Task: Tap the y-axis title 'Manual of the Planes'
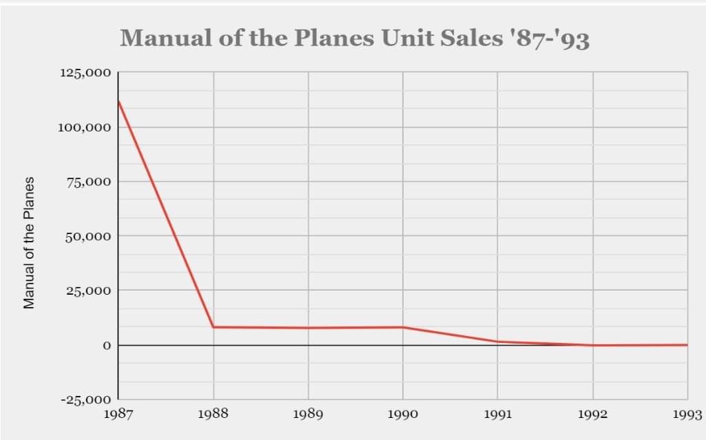click(x=30, y=243)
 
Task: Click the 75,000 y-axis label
click(x=86, y=182)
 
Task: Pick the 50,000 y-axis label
click(x=86, y=236)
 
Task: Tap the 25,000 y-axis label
click(x=86, y=291)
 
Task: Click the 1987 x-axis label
click(x=118, y=415)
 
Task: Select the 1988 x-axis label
click(x=214, y=415)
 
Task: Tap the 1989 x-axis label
click(x=308, y=415)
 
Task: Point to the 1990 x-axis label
click(x=403, y=415)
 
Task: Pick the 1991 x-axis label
click(x=497, y=415)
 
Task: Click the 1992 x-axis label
click(x=592, y=415)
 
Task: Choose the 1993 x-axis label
click(x=687, y=415)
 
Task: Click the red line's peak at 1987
click(x=118, y=102)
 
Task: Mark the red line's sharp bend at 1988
click(x=214, y=327)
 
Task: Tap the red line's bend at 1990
click(x=403, y=327)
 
